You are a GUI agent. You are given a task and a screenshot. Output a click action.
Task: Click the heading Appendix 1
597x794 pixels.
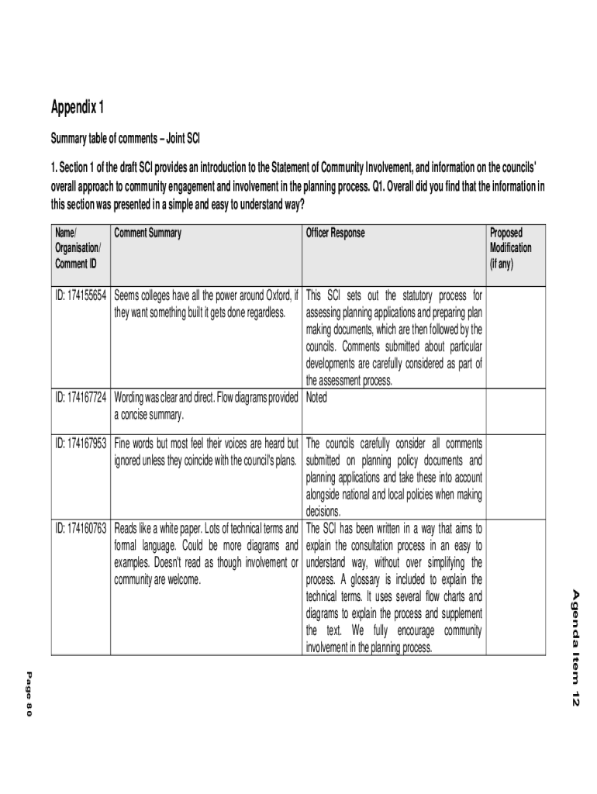point(77,107)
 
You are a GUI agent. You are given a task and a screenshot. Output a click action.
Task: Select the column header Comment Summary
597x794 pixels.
point(147,233)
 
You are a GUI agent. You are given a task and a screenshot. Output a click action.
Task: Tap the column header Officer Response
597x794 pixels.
point(335,233)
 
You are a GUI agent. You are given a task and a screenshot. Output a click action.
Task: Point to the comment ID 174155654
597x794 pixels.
point(81,295)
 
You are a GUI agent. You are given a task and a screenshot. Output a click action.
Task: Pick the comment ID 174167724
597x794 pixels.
point(81,398)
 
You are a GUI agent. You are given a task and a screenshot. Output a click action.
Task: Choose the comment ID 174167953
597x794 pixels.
point(81,444)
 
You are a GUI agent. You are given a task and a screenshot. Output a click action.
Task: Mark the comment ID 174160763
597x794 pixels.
point(81,529)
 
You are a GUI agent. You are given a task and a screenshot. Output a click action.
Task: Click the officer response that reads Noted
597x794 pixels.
point(317,398)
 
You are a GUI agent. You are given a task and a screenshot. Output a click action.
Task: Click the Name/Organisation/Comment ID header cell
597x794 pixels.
point(78,247)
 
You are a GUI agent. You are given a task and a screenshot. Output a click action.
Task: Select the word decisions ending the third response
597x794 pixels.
point(323,512)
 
